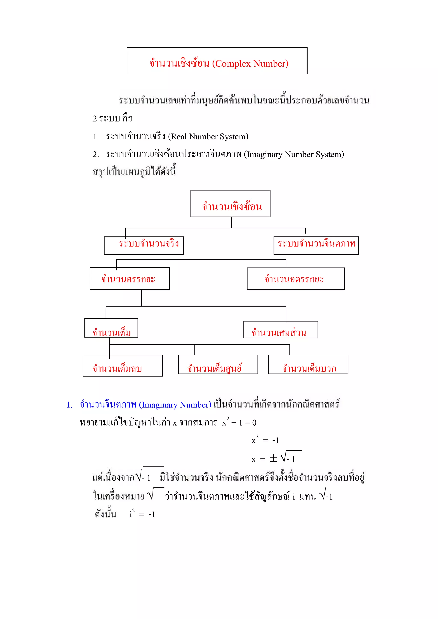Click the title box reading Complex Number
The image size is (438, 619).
click(x=217, y=61)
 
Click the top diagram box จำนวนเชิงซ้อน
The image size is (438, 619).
click(x=230, y=203)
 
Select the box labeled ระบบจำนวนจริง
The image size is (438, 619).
click(x=144, y=245)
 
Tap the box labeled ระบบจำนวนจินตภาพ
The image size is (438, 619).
click(x=316, y=245)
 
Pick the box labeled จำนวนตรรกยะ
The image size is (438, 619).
click(x=130, y=279)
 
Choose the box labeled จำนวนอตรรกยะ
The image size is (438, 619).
click(x=296, y=279)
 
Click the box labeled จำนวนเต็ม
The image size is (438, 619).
click(x=111, y=328)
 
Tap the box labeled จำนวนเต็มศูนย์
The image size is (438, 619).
click(x=218, y=364)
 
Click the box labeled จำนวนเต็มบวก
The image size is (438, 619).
click(x=308, y=364)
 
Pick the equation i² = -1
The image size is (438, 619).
click(x=142, y=515)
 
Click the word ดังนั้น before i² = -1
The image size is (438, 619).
click(x=105, y=514)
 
